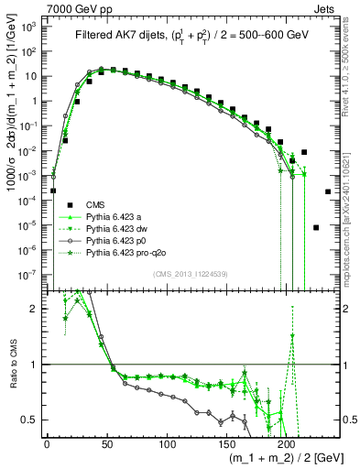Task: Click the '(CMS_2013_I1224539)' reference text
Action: pyautogui.click(x=191, y=273)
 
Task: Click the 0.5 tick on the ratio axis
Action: pyautogui.click(x=34, y=420)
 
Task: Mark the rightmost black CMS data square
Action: pyautogui.click(x=328, y=192)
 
